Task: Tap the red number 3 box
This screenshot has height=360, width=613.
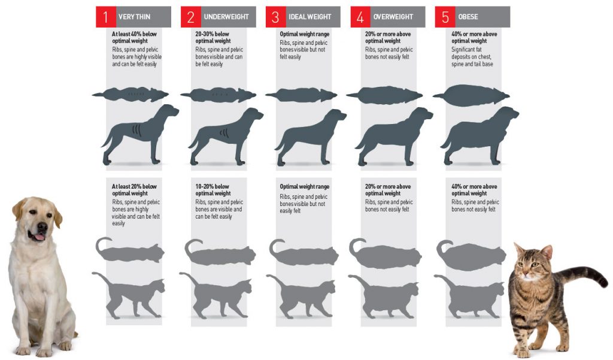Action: coord(275,17)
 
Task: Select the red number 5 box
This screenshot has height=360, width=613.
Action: coord(445,17)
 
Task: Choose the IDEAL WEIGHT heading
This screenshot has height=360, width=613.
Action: coord(310,17)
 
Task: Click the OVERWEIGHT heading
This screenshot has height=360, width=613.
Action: coord(394,17)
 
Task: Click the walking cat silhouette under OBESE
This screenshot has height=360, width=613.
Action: coord(470,296)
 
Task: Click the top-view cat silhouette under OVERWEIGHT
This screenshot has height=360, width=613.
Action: coord(386,254)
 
